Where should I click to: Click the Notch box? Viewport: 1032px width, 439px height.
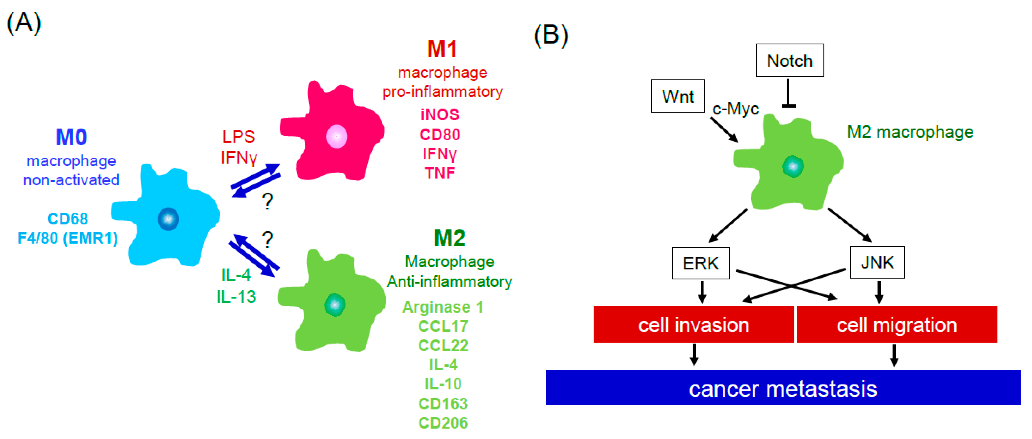789,60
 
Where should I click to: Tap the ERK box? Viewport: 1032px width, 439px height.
700,263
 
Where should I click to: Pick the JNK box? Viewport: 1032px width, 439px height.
877,263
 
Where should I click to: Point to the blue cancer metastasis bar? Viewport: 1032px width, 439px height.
783,388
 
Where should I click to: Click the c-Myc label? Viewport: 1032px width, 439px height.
736,108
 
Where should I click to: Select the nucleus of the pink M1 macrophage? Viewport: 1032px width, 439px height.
337,136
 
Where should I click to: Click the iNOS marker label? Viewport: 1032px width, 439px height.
440,115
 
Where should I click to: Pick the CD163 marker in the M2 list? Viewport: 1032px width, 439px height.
443,403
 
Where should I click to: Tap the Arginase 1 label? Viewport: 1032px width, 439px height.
443,307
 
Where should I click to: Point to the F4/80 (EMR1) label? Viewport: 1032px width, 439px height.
68,238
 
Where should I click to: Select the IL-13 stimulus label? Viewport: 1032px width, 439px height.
236,297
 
